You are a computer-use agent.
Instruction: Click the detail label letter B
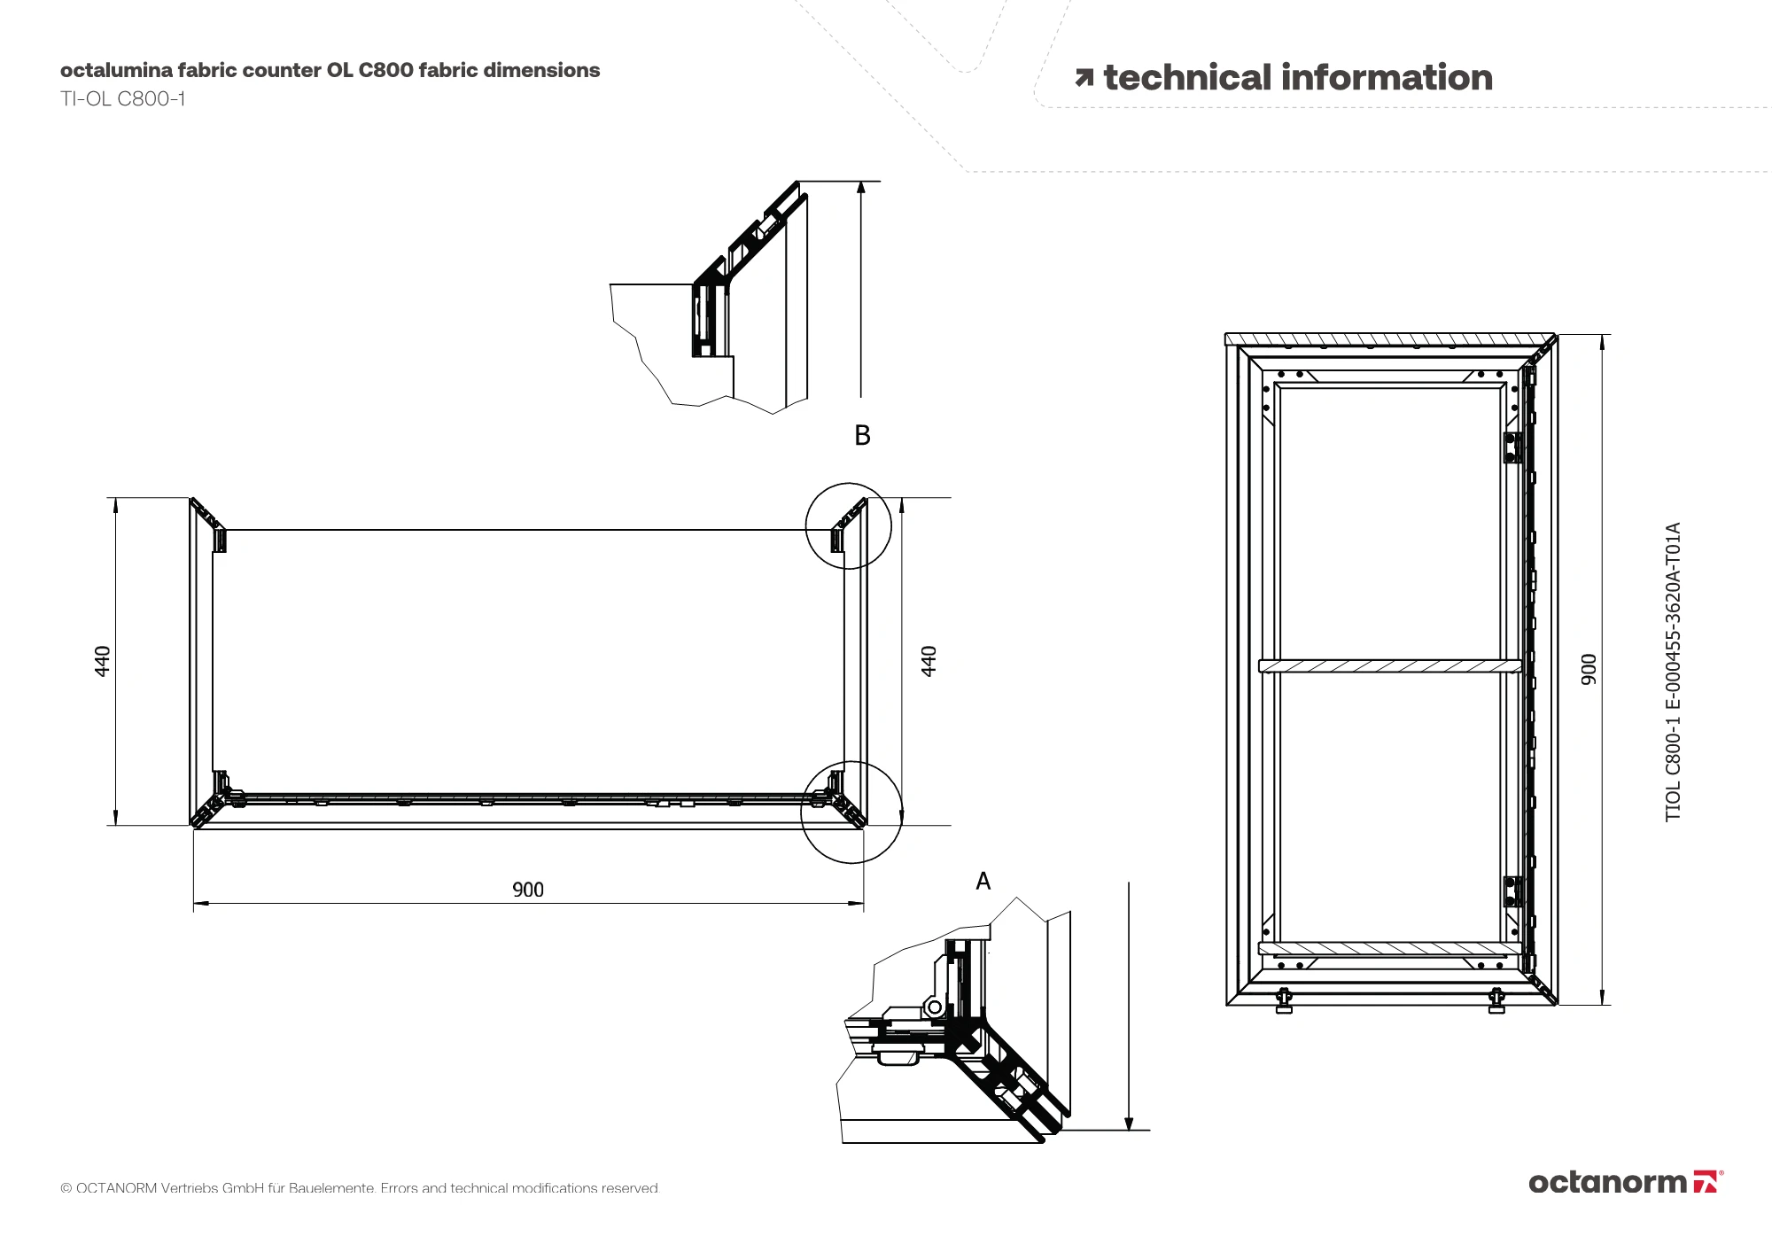862,435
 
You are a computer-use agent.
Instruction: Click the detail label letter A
983,881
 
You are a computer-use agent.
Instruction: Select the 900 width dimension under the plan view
528,890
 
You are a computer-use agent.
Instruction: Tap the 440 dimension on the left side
103,661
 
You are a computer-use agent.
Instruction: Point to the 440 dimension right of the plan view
929,661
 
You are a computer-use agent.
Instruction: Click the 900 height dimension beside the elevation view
1589,669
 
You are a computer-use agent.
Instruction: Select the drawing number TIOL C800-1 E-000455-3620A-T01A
1673,672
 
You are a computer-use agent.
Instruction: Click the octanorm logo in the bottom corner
1625,1182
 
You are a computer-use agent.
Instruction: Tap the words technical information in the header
1298,78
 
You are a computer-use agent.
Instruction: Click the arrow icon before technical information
1084,78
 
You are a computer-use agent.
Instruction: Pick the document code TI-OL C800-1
123,98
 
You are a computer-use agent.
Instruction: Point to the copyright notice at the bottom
360,1187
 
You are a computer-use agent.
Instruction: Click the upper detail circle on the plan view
848,525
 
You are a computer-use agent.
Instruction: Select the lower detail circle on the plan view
851,812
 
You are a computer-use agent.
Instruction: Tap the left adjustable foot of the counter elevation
1284,1001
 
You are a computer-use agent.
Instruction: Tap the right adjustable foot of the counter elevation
1496,1001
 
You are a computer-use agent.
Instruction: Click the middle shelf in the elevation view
1389,666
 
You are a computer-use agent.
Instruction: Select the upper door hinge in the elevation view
1512,447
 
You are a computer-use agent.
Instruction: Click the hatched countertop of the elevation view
1389,339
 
